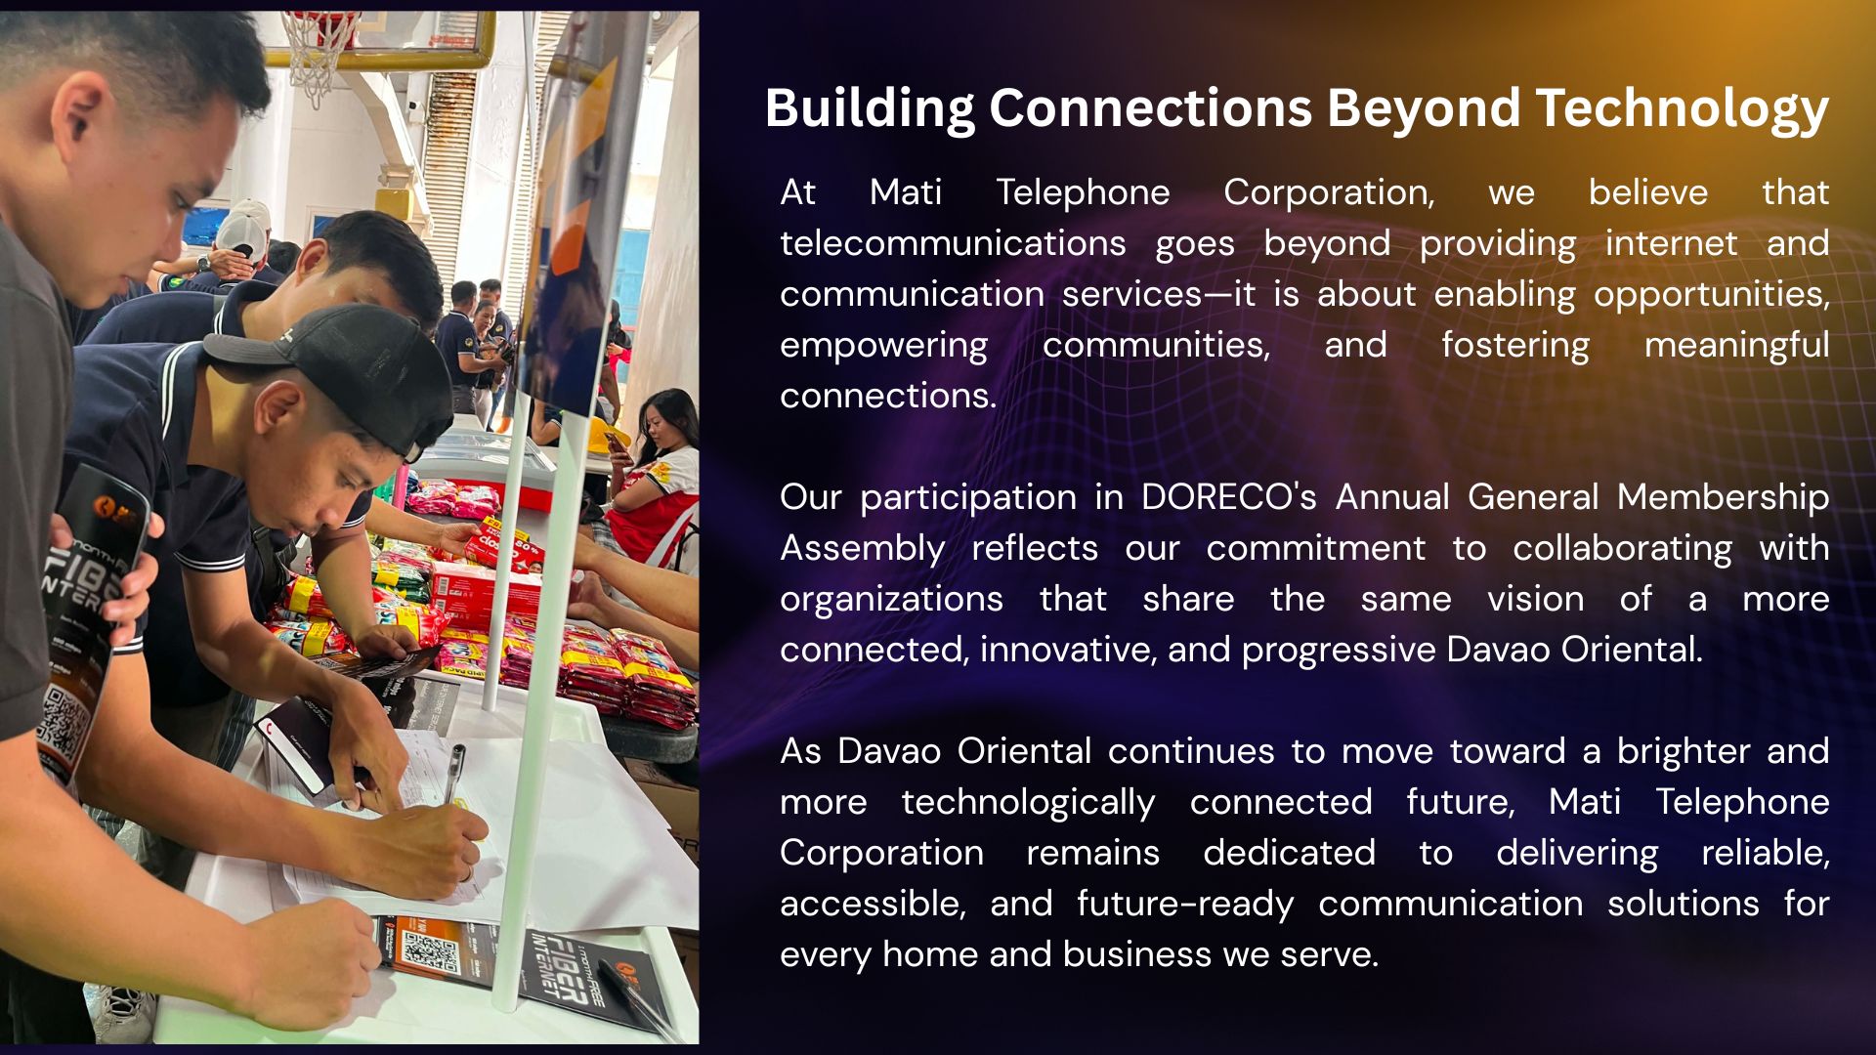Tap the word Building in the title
(x=870, y=107)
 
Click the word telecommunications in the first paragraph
(x=953, y=243)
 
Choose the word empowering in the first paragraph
(x=883, y=346)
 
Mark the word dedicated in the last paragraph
(x=1289, y=853)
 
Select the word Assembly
(x=862, y=549)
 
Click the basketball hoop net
(x=320, y=54)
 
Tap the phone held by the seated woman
(x=617, y=445)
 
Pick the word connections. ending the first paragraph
(x=887, y=396)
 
